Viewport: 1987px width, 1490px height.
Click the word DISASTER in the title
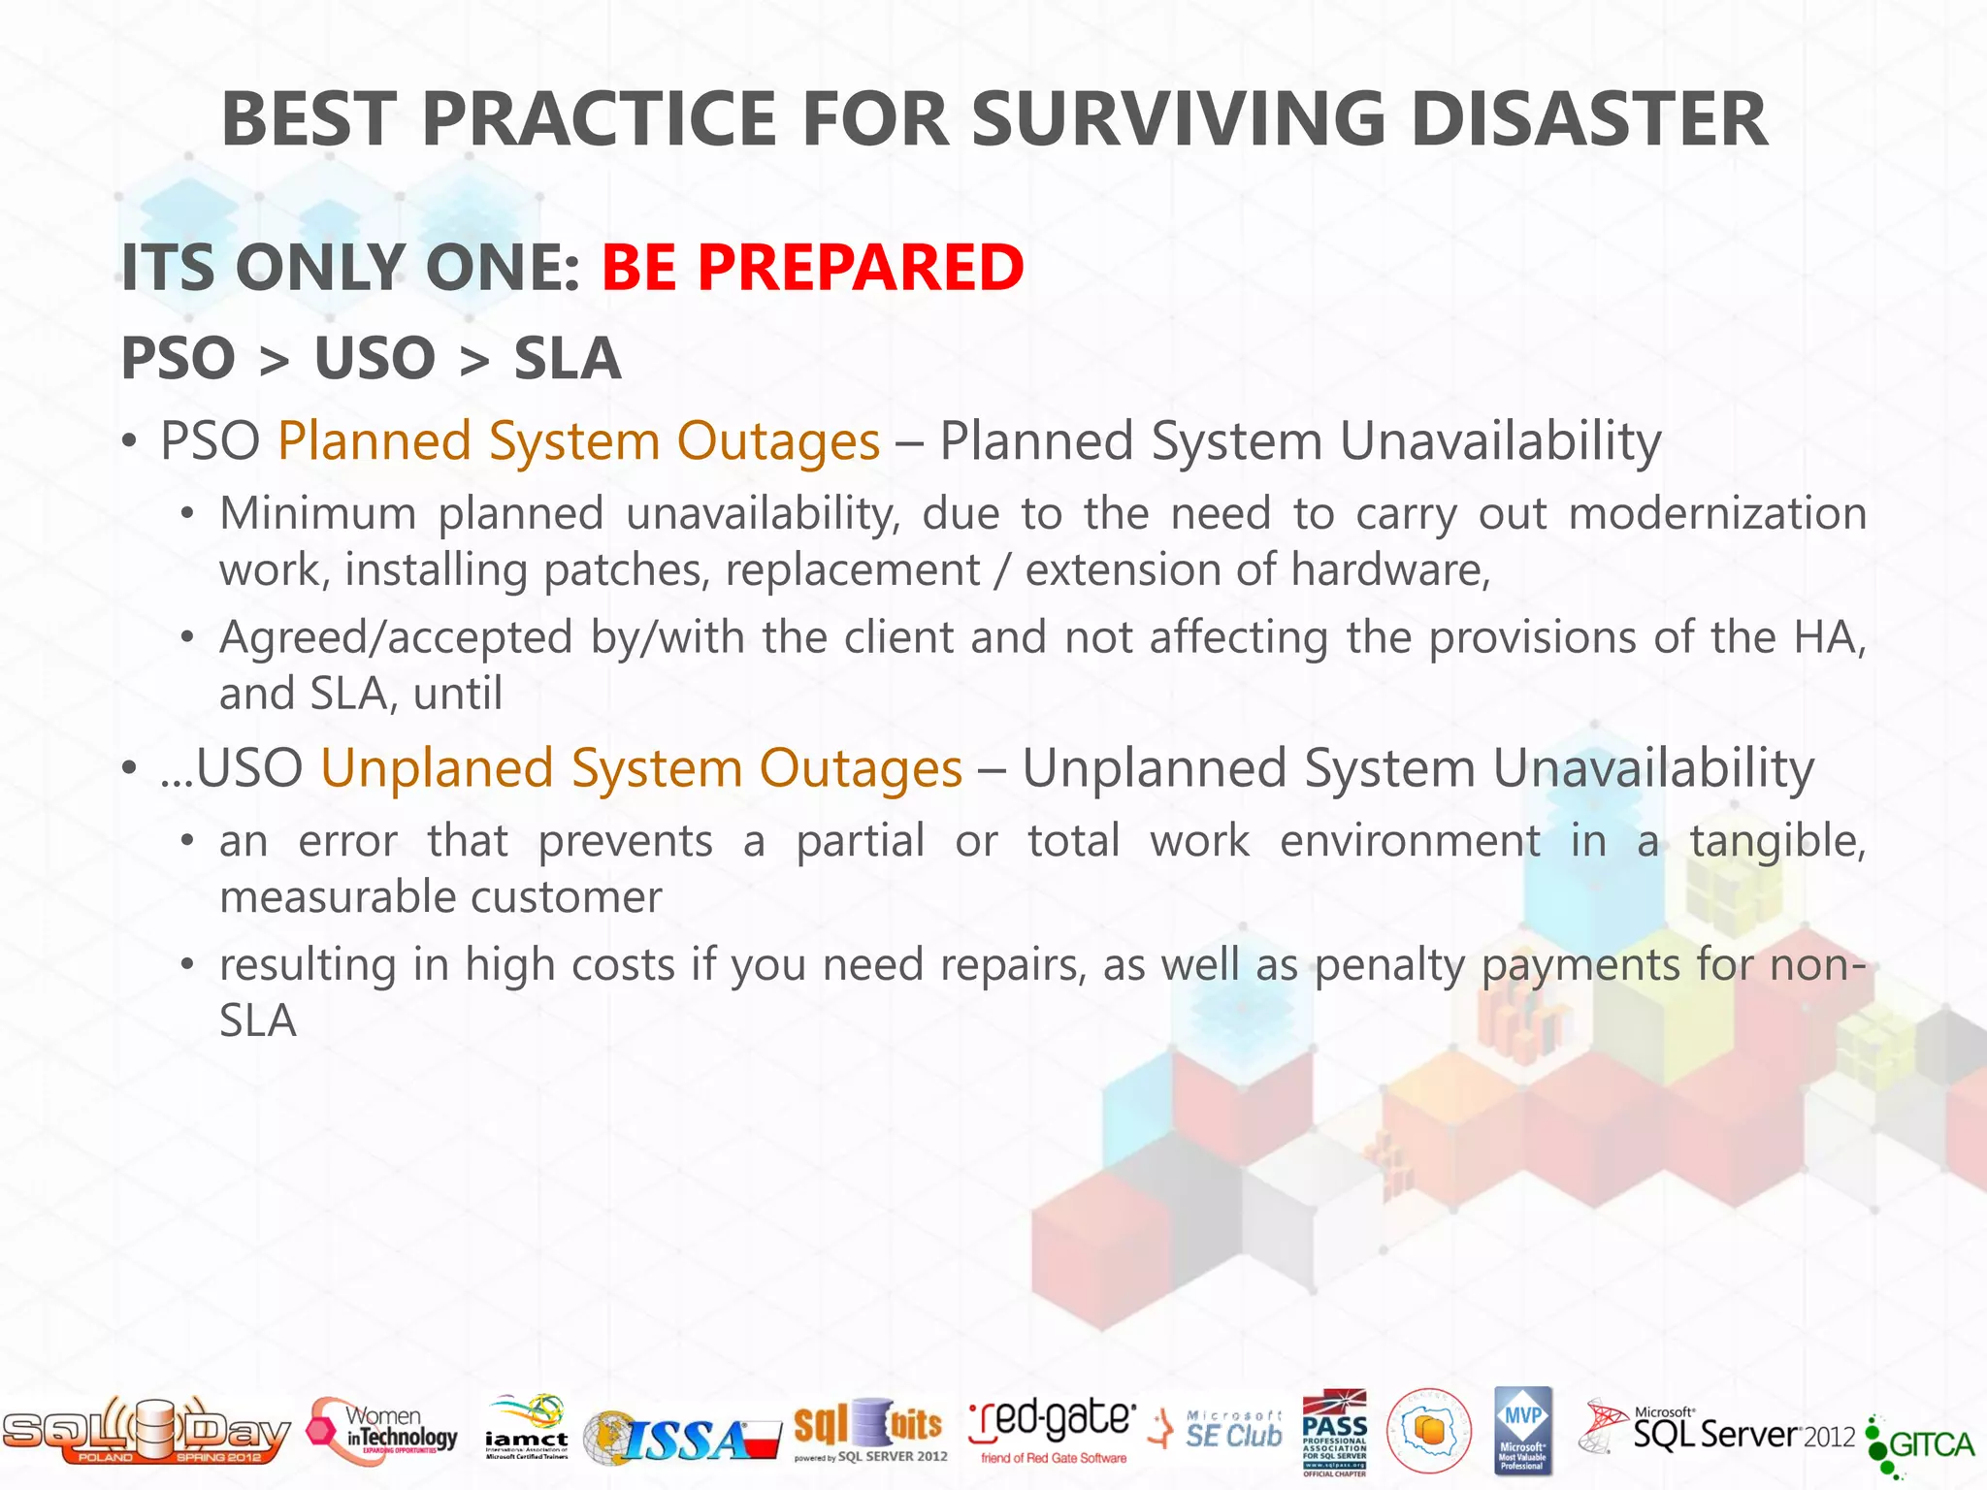click(x=1588, y=119)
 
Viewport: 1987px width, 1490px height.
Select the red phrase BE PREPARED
click(x=812, y=267)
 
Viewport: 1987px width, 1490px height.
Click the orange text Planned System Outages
click(x=578, y=441)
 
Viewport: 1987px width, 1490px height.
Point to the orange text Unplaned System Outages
click(x=641, y=768)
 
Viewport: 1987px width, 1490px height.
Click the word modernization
click(x=1716, y=513)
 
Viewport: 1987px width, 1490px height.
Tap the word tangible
click(x=1776, y=840)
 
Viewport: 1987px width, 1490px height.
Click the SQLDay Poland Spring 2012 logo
click(x=146, y=1432)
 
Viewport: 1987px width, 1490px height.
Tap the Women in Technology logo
click(x=383, y=1432)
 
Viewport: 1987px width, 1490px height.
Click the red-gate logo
click(x=1052, y=1428)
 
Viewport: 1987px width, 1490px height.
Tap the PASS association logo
click(x=1334, y=1432)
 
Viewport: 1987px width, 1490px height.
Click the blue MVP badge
click(x=1522, y=1430)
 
